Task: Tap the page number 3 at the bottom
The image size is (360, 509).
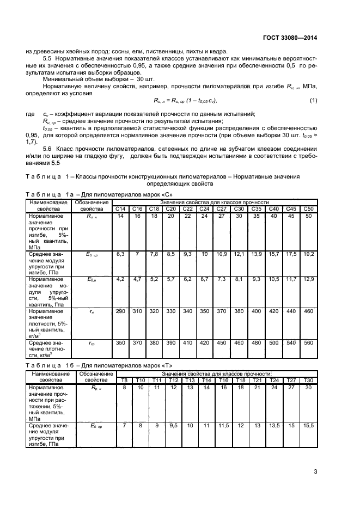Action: pyautogui.click(x=316, y=472)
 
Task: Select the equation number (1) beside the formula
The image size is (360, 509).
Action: pyautogui.click(x=313, y=101)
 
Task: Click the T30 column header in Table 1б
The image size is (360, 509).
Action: pyautogui.click(x=308, y=379)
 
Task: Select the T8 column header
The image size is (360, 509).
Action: pyautogui.click(x=124, y=379)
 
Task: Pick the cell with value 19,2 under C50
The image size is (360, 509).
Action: pyautogui.click(x=308, y=254)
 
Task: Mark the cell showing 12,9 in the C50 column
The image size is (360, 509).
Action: pyautogui.click(x=308, y=279)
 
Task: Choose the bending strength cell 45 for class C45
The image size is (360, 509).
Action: pyautogui.click(x=291, y=216)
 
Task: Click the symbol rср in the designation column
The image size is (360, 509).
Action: pyautogui.click(x=92, y=343)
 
